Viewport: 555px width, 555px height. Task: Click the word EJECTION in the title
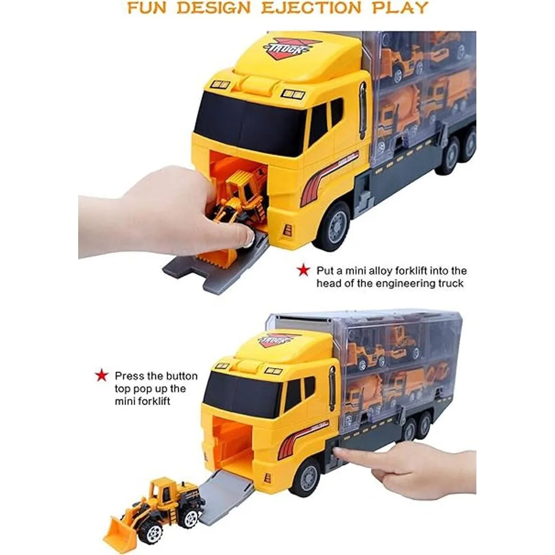310,8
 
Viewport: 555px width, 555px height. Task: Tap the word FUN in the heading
148,8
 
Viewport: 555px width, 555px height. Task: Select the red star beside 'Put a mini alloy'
303,271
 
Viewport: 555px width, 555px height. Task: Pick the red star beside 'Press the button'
101,376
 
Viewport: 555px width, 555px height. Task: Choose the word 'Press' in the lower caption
129,376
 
